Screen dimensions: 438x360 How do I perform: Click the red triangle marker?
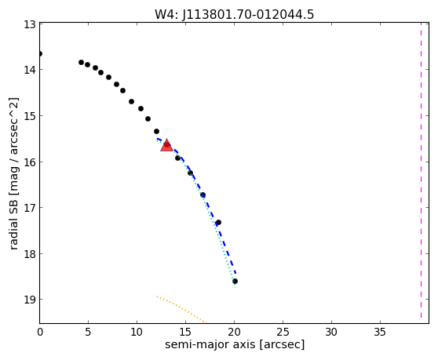click(x=166, y=145)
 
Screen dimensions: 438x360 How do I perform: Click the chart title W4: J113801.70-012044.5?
click(x=235, y=14)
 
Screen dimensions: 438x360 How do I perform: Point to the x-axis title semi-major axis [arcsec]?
click(x=235, y=344)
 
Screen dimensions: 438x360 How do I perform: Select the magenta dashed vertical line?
click(x=421, y=170)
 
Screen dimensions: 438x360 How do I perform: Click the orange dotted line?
click(x=181, y=309)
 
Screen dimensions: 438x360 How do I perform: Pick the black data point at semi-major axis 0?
click(x=40, y=53)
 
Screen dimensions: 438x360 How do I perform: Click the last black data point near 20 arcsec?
click(x=235, y=281)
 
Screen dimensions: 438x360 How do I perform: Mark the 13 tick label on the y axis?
click(x=30, y=24)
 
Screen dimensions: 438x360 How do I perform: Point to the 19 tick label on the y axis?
click(x=30, y=300)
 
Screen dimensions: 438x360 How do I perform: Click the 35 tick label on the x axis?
click(x=380, y=332)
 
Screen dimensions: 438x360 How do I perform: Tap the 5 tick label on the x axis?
click(x=88, y=332)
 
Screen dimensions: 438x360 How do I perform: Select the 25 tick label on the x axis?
click(x=283, y=332)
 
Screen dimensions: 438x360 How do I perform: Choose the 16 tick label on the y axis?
click(x=30, y=162)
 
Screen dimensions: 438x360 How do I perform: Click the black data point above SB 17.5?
click(x=218, y=222)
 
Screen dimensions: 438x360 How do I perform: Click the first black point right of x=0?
click(x=82, y=62)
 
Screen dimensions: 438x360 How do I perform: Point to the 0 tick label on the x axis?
click(x=40, y=332)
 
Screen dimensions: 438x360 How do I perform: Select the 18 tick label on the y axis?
click(x=30, y=254)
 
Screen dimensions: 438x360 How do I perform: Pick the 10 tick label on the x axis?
click(x=137, y=332)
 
